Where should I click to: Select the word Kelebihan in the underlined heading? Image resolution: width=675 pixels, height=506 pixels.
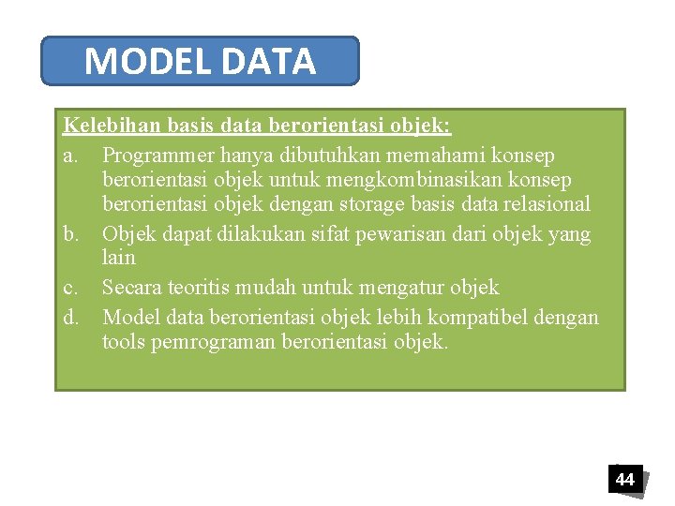coord(112,126)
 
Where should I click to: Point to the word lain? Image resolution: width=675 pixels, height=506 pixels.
coord(118,257)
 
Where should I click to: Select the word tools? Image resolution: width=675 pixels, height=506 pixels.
coord(123,341)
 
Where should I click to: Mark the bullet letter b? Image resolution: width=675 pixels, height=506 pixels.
coord(72,233)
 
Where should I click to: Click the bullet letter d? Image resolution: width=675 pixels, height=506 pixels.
coord(72,317)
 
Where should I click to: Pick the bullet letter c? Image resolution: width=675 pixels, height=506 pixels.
coord(71,287)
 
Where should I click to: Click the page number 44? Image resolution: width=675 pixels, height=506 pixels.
coord(624,480)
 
